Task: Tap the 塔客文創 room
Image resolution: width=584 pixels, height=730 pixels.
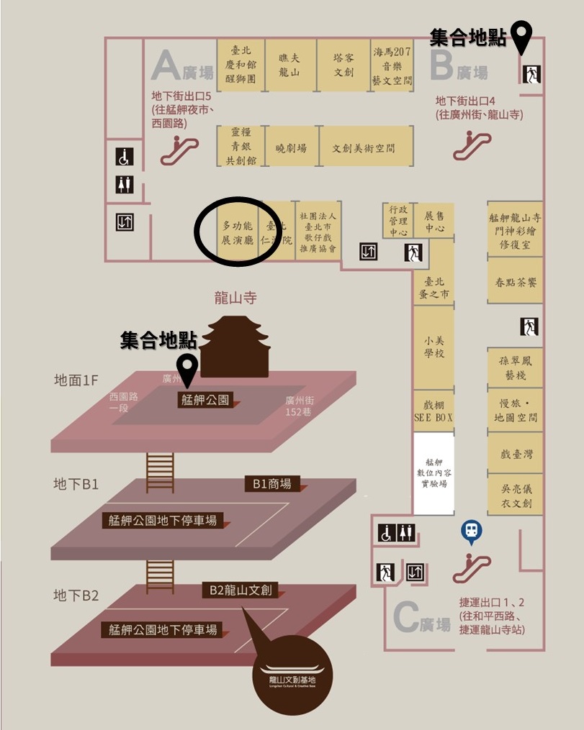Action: pos(343,64)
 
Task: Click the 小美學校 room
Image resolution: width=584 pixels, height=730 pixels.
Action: pos(433,347)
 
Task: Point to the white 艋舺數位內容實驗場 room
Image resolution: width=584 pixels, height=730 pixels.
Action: pos(433,474)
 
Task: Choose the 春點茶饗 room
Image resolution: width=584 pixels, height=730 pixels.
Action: pos(516,283)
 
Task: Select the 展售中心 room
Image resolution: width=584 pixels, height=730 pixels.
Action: pos(434,222)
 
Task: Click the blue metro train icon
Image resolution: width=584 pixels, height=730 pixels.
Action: pos(471,531)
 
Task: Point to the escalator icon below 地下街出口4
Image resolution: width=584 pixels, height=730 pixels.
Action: pos(472,144)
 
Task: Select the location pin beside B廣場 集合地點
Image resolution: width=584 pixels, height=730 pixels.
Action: pos(521,37)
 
